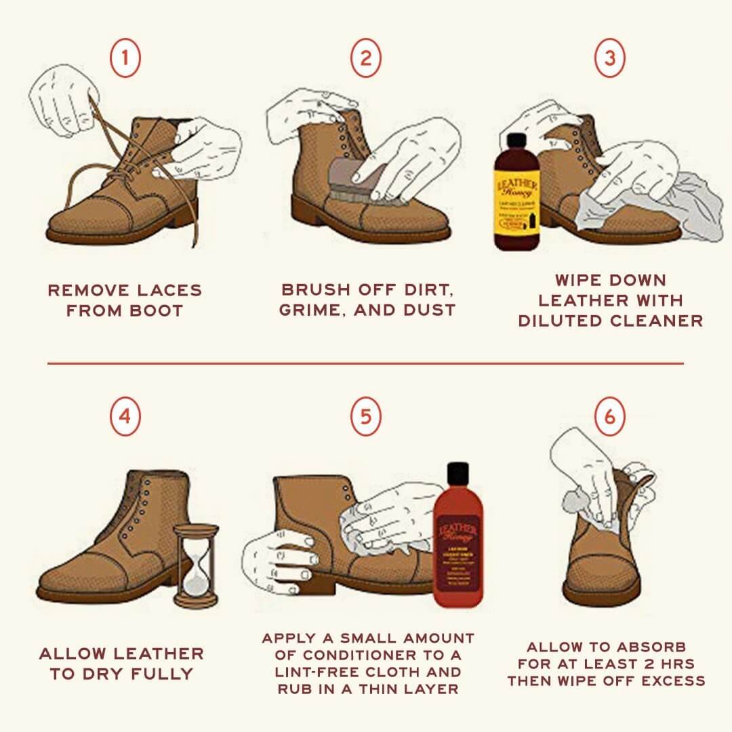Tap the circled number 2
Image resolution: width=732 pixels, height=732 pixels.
[366, 58]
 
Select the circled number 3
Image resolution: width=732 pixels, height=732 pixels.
[609, 58]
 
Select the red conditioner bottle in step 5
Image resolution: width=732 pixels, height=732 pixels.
[457, 542]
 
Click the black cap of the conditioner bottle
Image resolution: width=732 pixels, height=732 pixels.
[457, 474]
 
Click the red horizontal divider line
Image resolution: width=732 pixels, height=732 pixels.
[366, 363]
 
